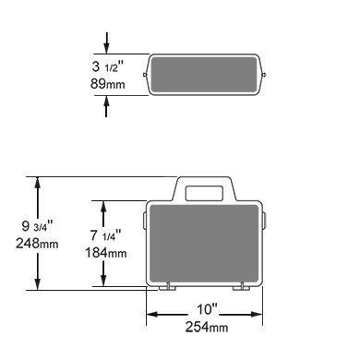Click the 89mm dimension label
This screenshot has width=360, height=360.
click(x=108, y=84)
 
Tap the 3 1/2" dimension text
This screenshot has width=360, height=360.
click(x=108, y=66)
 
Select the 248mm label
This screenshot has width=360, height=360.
click(x=37, y=244)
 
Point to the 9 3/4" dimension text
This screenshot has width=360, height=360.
click(x=38, y=226)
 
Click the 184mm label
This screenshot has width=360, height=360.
click(x=105, y=253)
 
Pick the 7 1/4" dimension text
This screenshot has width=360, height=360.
click(x=105, y=235)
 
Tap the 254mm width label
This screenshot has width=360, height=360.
click(x=207, y=327)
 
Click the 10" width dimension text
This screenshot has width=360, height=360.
click(x=207, y=309)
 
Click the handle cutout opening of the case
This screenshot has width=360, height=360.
click(x=204, y=193)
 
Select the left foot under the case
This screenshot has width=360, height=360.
click(x=167, y=288)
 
